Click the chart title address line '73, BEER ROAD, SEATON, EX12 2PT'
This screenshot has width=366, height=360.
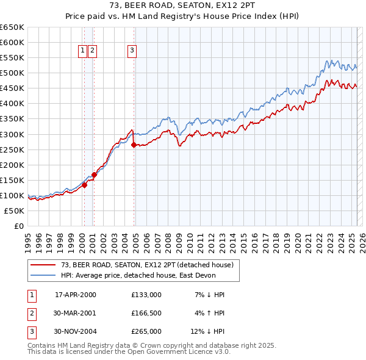182,5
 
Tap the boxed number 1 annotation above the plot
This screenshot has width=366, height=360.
82,51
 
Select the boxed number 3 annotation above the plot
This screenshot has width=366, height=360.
132,51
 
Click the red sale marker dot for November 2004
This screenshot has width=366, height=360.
134,145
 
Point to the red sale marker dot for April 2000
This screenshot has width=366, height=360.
85,185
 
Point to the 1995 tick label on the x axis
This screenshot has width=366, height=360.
28,238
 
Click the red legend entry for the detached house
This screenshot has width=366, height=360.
147,265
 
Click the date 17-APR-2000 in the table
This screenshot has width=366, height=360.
76,295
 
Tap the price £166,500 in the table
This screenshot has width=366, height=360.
146,313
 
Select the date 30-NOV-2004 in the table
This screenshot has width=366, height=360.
76,331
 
